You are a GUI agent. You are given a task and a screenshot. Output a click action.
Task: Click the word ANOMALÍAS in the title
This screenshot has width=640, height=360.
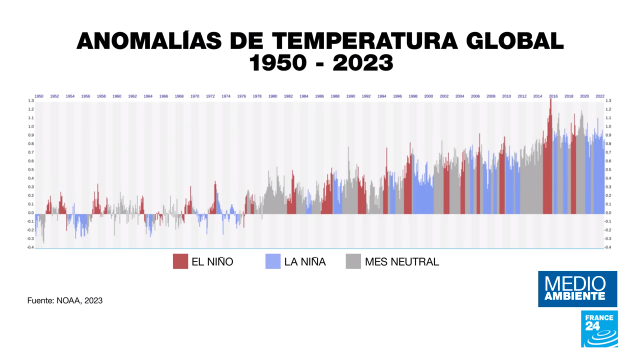tap(149, 41)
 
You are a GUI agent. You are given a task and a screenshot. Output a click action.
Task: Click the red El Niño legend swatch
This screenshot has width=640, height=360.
tap(180, 261)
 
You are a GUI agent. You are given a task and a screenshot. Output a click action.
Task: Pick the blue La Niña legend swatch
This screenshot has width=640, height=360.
tap(273, 261)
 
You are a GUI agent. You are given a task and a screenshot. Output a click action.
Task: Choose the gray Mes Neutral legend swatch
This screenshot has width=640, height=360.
tap(353, 261)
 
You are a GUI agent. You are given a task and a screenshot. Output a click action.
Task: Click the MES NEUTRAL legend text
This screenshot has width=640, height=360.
tap(402, 262)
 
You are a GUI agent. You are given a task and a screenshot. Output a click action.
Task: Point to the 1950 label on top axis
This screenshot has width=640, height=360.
tap(39, 96)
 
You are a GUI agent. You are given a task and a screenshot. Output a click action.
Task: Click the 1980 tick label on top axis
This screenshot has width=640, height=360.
tap(273, 96)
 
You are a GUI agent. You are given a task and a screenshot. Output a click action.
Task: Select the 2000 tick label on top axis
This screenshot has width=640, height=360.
tap(428, 96)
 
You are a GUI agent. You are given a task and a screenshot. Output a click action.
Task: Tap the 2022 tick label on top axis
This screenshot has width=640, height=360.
tap(600, 96)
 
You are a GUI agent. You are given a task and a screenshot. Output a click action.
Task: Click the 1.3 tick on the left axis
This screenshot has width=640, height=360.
tap(31, 101)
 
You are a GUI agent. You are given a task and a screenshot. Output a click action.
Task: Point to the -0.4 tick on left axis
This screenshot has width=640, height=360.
tap(30, 247)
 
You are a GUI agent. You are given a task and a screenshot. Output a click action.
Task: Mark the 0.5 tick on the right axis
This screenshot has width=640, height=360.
tap(608, 170)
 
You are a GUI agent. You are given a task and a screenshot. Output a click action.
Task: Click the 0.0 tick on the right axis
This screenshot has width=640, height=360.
tap(608, 213)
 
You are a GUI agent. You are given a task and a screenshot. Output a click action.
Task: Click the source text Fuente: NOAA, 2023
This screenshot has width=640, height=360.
tap(65, 301)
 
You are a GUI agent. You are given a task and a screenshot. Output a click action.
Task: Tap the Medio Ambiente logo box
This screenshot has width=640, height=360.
tap(577, 289)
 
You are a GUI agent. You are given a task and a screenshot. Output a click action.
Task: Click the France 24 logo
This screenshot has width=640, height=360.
tap(599, 329)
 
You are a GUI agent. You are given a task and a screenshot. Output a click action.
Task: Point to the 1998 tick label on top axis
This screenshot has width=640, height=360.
tap(413, 96)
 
